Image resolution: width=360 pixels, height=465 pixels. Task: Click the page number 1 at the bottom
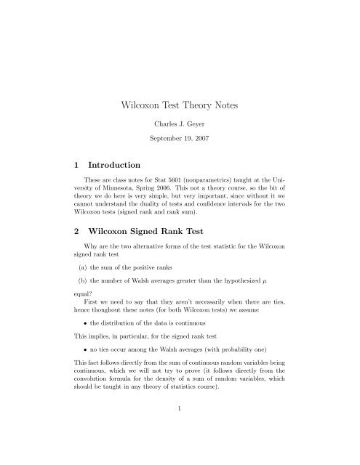click(x=180, y=430)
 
